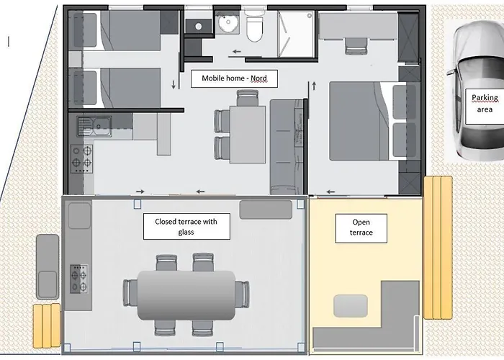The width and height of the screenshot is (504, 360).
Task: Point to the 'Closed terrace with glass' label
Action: coord(186,227)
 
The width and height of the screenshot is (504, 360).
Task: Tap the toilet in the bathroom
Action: coord(254,29)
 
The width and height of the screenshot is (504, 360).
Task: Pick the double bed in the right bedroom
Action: coord(364,121)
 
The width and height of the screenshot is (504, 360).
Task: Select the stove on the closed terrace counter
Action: coord(78,277)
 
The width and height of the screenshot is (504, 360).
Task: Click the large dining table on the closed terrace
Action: coord(186,294)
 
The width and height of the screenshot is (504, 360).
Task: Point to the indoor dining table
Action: coord(247,135)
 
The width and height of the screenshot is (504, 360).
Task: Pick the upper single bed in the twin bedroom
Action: coord(117,32)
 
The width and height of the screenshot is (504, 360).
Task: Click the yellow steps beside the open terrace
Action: coord(436,247)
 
